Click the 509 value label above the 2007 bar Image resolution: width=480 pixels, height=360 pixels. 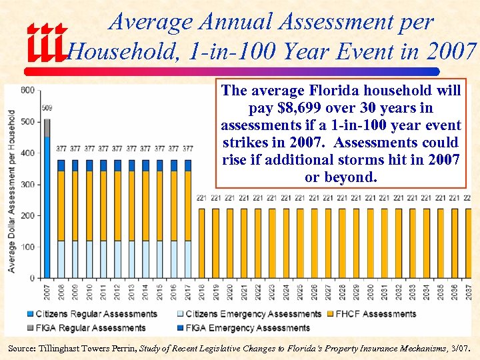click(x=47, y=108)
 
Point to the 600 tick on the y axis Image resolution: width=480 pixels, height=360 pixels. click(x=27, y=90)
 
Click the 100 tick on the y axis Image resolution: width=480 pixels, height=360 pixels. click(x=27, y=247)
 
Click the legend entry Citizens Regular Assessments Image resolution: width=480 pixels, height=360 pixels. click(x=93, y=314)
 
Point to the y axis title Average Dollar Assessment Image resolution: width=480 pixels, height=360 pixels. click(x=12, y=190)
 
